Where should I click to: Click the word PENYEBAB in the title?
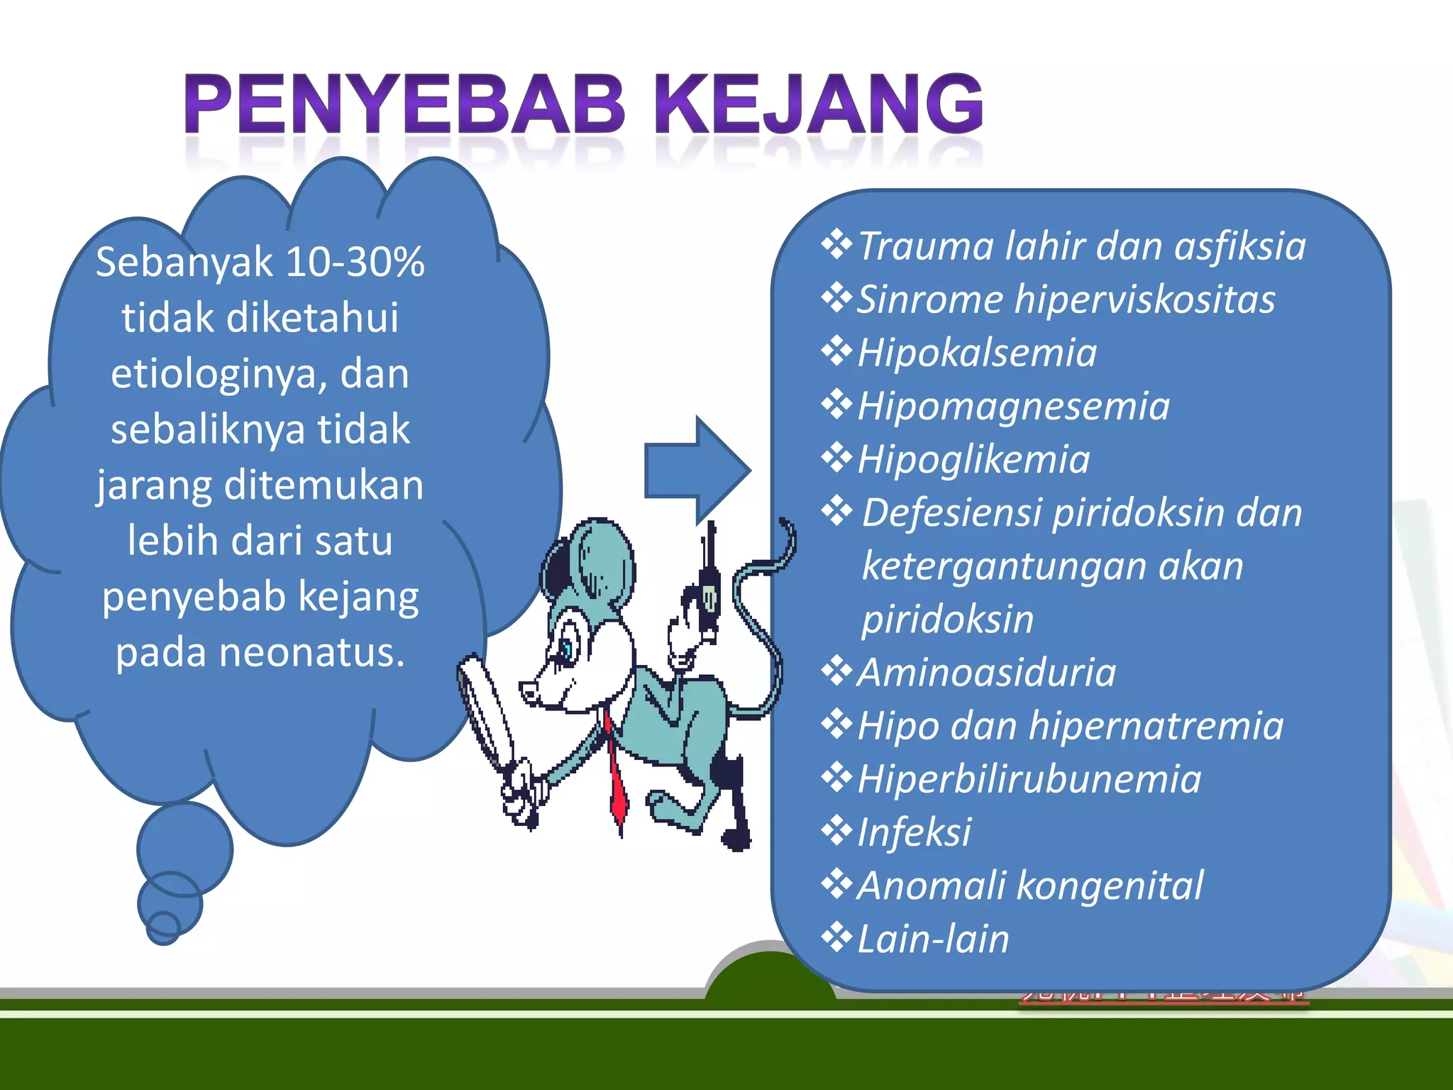pos(404,104)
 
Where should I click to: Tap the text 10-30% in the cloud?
pos(355,262)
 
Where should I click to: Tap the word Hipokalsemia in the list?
pos(977,353)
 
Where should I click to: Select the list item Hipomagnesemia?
pos(1013,406)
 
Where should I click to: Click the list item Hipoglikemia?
pos(973,459)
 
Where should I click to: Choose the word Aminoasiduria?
pos(986,672)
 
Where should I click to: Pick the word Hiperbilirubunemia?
pos(1029,778)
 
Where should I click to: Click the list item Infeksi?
pos(914,832)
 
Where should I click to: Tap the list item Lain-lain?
pos(933,939)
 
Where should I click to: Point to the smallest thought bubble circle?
pos(163,928)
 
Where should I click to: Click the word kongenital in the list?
pos(1110,885)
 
